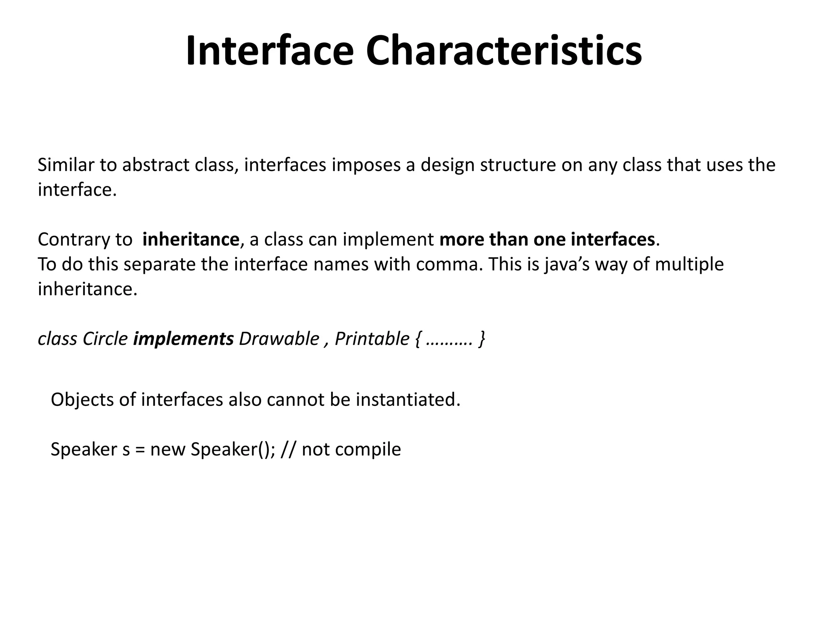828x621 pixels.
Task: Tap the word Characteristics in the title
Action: pos(504,51)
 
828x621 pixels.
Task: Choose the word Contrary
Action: pos(72,240)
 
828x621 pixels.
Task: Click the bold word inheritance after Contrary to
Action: pos(191,239)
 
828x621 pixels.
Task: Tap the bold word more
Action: pos(462,239)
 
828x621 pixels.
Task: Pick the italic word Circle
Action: pos(105,339)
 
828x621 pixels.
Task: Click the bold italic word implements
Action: pos(183,339)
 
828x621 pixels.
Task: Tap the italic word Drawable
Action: pos(279,339)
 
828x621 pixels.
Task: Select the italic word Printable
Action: pos(372,339)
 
